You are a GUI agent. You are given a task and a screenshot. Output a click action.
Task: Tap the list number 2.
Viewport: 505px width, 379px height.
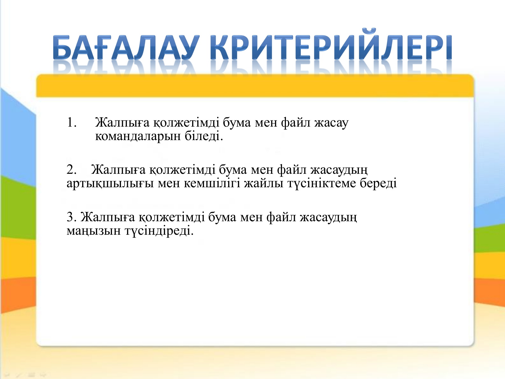coord(71,170)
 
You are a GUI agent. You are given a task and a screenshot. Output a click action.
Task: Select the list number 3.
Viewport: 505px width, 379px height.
coord(71,217)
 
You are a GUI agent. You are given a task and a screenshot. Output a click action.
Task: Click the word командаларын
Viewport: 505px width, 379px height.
coord(138,136)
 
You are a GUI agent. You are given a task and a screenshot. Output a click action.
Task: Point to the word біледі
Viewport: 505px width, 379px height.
coord(204,136)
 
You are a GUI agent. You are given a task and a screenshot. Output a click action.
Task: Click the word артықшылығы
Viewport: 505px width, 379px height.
coord(110,184)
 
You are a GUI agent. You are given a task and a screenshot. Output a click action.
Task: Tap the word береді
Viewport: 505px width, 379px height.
coord(378,183)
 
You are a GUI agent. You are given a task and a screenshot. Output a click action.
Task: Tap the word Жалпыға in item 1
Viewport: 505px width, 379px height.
coord(122,123)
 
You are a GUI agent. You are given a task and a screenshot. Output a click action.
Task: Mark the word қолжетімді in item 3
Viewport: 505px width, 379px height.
coord(172,217)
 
